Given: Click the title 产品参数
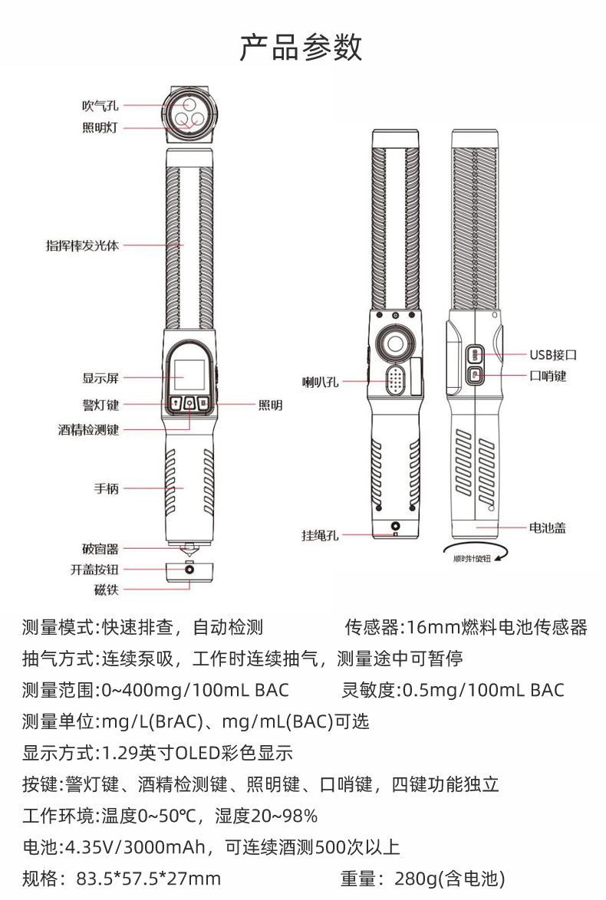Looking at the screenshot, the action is pyautogui.click(x=301, y=47).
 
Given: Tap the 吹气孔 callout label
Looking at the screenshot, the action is pyautogui.click(x=100, y=106).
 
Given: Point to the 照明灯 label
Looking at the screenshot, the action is pyautogui.click(x=100, y=127).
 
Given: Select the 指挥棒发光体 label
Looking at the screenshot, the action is pyautogui.click(x=83, y=245).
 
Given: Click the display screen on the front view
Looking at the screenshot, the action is pyautogui.click(x=189, y=376).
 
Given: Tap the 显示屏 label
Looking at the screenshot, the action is pyautogui.click(x=100, y=378).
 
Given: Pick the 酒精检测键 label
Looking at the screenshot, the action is pyautogui.click(x=88, y=430).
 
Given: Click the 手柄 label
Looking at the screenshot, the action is pyautogui.click(x=107, y=488).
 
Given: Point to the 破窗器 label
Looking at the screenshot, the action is pyautogui.click(x=100, y=550).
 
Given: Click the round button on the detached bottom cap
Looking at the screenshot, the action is pyautogui.click(x=189, y=570).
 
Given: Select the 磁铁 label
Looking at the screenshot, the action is pyautogui.click(x=107, y=590).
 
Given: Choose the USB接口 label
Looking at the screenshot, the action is pyautogui.click(x=553, y=355).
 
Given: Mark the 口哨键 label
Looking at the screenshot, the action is pyautogui.click(x=548, y=376).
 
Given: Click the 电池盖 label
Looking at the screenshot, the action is pyautogui.click(x=548, y=527).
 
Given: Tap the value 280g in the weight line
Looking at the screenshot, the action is pyautogui.click(x=415, y=879).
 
